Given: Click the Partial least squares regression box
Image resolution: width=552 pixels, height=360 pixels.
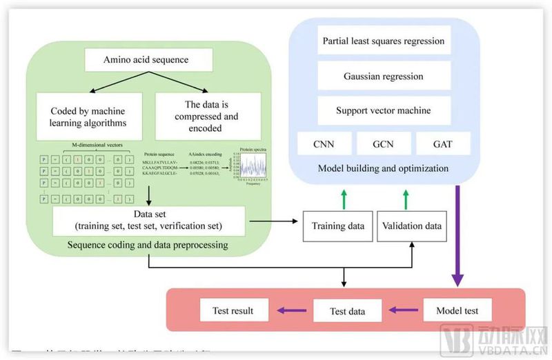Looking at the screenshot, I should click(x=384, y=41).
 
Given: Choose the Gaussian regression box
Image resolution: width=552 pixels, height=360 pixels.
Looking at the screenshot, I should click(x=384, y=76).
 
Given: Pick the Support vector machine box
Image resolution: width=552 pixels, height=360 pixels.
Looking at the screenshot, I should click(x=384, y=110).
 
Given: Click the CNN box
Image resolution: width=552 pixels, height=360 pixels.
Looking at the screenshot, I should click(x=324, y=143).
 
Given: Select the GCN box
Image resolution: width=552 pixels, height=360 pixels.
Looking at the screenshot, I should click(x=384, y=143).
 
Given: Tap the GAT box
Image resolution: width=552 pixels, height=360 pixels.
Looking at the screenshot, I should click(x=443, y=143).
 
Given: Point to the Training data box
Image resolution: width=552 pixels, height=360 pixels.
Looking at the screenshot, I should click(x=337, y=226).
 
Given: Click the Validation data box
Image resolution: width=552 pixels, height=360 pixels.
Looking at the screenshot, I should click(x=411, y=226).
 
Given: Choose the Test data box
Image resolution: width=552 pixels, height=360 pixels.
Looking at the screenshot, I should click(x=348, y=311).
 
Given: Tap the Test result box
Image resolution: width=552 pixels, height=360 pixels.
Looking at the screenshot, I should click(x=236, y=310).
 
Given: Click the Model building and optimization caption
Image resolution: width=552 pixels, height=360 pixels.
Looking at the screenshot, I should click(x=384, y=168).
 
